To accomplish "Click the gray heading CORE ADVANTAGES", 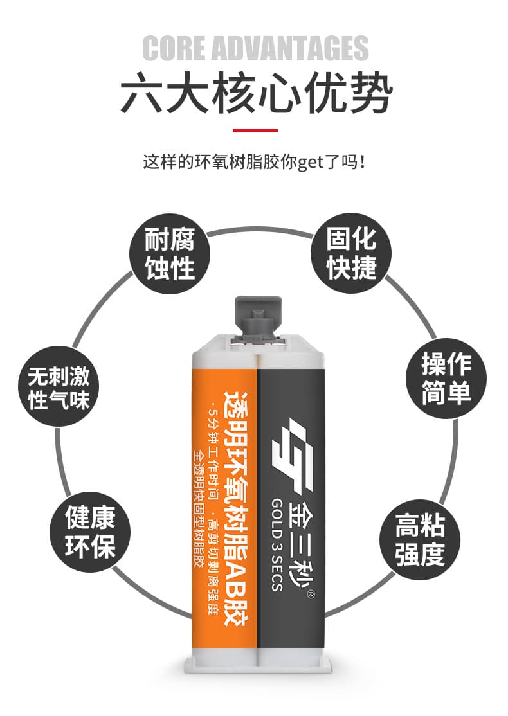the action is (x=255, y=48).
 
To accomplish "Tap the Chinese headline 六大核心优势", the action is (x=257, y=93).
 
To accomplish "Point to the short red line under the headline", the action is (x=255, y=130).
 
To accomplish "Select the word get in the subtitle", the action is (x=311, y=162).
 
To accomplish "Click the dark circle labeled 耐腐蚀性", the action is (x=170, y=253).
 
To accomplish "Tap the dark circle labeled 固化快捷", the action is (x=351, y=253).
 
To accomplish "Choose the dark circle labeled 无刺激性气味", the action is (x=59, y=387).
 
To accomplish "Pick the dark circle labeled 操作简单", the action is (x=446, y=379).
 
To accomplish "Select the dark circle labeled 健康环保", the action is (x=90, y=532).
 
